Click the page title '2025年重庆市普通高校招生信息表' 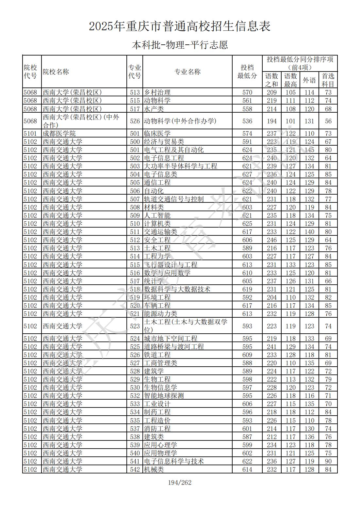pos(180,26)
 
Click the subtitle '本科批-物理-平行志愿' pos(180,45)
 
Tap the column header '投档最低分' pos(247,72)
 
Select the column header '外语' pos(309,80)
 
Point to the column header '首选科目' pos(328,80)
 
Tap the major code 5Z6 pos(135,121)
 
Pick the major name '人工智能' pos(157,215)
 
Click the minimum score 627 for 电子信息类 pos(247,174)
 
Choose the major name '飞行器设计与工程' pos(171,265)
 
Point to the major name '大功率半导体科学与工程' pos(180,166)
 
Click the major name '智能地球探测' pos(164,396)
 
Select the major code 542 pos(135,469)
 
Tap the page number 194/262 pos(180,483)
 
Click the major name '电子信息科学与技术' pos(174,461)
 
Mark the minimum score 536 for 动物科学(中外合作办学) pos(247,121)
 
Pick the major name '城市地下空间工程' pos(171,339)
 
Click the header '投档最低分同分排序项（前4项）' pos(300,63)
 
